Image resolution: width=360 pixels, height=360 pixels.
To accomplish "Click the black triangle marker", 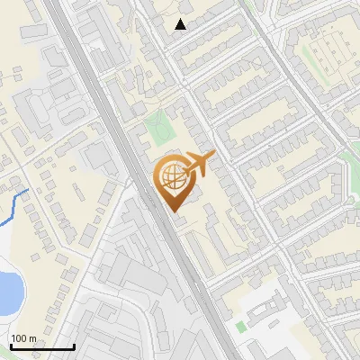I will tap(181, 24).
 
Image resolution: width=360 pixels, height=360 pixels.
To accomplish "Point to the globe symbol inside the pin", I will tap(174, 176).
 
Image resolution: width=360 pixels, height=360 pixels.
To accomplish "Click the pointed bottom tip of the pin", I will tap(175, 211).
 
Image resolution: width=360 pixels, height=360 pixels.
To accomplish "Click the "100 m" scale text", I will tap(24, 338).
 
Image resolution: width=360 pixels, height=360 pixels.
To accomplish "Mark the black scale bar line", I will tap(42, 347).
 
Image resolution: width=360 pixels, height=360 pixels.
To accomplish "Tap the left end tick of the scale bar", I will tap(11, 346).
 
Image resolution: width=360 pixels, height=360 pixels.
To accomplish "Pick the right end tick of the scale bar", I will tap(74, 346).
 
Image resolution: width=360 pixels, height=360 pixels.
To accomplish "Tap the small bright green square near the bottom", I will tap(240, 325).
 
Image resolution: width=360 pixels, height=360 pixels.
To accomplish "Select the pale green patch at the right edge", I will tap(351, 166).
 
